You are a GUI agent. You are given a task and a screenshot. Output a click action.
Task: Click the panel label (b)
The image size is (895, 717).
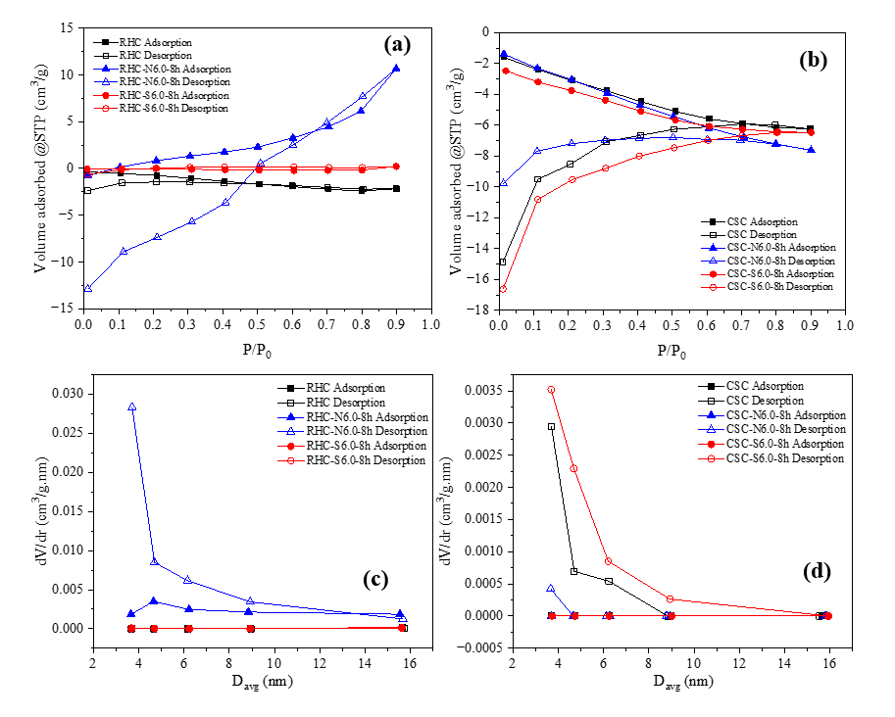point(813,60)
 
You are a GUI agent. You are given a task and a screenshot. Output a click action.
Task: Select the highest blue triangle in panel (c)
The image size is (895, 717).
point(131,406)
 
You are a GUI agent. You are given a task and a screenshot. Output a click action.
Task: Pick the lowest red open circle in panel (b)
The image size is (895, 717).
point(503,289)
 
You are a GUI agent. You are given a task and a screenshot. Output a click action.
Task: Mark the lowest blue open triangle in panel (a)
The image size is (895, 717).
point(87,288)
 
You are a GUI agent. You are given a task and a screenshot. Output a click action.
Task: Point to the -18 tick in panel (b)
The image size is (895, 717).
point(478,311)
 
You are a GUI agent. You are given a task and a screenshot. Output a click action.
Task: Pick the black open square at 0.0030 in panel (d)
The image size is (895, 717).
point(551,427)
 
